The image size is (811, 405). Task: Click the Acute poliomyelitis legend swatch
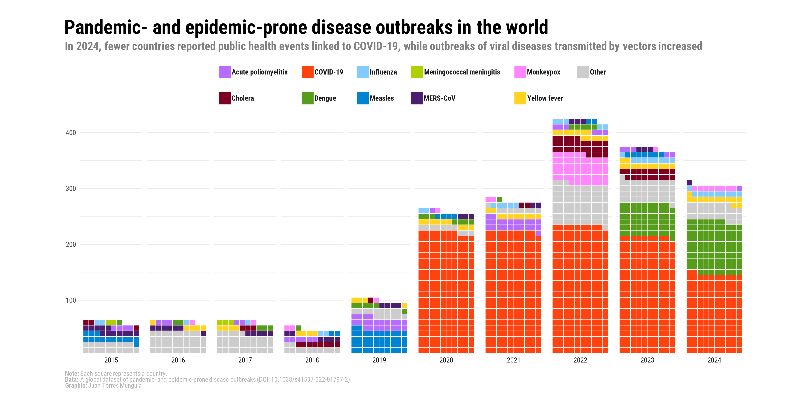(224, 72)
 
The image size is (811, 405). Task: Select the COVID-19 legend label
(329, 72)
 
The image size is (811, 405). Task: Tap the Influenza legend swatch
(363, 72)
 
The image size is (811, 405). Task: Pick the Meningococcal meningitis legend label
(462, 72)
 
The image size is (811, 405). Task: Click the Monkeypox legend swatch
(520, 72)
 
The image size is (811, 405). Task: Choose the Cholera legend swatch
(224, 98)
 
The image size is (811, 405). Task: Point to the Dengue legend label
(325, 98)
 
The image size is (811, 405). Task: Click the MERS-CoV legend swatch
(417, 98)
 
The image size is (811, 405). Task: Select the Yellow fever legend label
(545, 98)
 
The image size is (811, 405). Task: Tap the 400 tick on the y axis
(71, 133)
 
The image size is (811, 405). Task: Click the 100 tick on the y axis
(71, 300)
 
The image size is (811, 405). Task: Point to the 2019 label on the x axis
(379, 360)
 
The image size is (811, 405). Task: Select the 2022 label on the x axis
(580, 360)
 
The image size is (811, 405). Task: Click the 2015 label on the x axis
(111, 360)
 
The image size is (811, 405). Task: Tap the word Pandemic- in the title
(106, 28)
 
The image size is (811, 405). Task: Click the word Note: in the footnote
(72, 374)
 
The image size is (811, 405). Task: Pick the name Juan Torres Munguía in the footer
(115, 385)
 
